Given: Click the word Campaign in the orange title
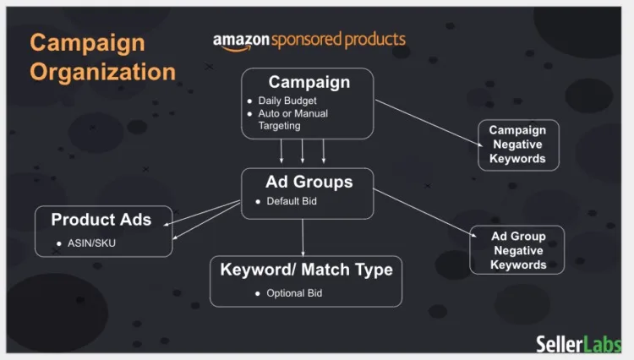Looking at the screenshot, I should point(87,43).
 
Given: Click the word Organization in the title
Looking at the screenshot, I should point(102,71).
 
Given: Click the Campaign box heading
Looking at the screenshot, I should point(309,82).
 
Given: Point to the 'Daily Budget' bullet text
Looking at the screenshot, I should point(287,101).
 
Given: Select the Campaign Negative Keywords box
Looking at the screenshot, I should point(517,145).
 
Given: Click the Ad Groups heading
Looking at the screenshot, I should point(309,182).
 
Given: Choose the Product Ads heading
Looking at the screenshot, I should point(101,220).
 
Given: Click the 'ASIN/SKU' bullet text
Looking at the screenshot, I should point(90,244).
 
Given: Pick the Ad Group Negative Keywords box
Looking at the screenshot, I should point(518,250).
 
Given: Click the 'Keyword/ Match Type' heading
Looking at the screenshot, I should point(306,270).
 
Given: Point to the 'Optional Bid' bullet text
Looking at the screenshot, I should point(294,293).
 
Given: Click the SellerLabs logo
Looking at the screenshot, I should point(579,343).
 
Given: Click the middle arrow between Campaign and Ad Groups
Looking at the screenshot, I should point(303,151).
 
